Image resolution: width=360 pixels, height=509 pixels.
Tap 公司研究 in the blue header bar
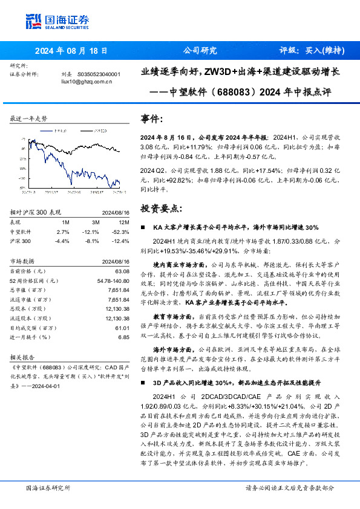point(199,51)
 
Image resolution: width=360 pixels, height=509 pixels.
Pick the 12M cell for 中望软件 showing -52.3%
point(120,232)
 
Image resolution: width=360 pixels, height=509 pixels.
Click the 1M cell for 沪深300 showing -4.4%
point(62,241)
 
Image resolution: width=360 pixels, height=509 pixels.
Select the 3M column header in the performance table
point(92,222)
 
